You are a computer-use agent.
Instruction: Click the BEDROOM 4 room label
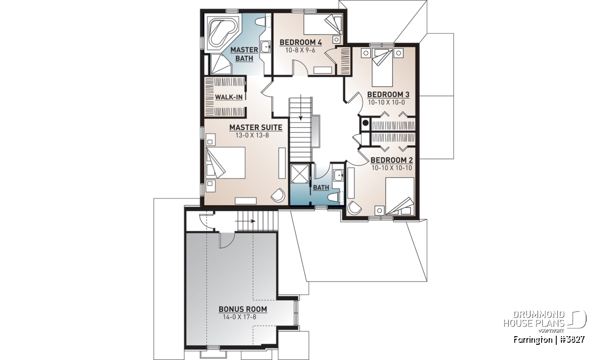[x=301, y=43]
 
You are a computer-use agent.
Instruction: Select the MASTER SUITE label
[x=256, y=128]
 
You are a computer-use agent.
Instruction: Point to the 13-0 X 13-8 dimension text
[x=252, y=135]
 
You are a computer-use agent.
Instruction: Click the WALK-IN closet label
[x=229, y=97]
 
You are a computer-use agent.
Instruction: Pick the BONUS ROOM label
[x=243, y=309]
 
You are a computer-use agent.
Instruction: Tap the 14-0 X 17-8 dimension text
[x=240, y=317]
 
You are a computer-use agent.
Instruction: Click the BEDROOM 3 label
[x=388, y=95]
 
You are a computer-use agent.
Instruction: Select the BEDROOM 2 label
[x=392, y=161]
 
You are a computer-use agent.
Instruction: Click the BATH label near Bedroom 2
[x=321, y=187]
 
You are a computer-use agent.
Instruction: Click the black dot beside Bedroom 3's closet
[x=365, y=123]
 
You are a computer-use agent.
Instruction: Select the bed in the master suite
[x=225, y=163]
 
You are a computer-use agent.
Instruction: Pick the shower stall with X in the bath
[x=300, y=173]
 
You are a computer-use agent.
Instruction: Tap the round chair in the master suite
[x=278, y=195]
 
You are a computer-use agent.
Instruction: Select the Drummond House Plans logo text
[x=534, y=319]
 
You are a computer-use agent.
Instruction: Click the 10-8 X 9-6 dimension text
[x=300, y=50]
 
